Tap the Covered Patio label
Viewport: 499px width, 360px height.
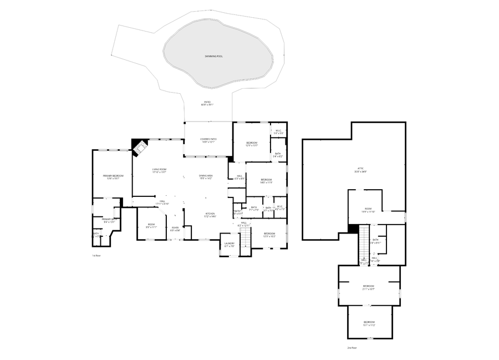[x=208, y=141]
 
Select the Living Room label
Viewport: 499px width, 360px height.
[x=159, y=171]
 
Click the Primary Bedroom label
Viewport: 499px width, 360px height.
[x=113, y=177]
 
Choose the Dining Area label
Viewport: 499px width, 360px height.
[x=206, y=177]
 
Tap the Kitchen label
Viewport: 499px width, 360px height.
[x=210, y=215]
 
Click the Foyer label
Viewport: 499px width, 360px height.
[x=175, y=229]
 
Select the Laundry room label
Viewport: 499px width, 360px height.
[x=229, y=245]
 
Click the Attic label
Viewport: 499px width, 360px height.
[x=360, y=170]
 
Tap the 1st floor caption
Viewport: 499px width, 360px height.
[x=96, y=256]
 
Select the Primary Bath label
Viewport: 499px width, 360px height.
[x=108, y=220]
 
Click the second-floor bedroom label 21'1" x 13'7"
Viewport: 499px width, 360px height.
[x=369, y=288]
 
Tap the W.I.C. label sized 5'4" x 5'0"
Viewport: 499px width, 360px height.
[x=278, y=132]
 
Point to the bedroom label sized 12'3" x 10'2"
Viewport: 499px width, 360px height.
[x=269, y=235]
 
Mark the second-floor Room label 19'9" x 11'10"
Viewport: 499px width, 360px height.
[x=369, y=210]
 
